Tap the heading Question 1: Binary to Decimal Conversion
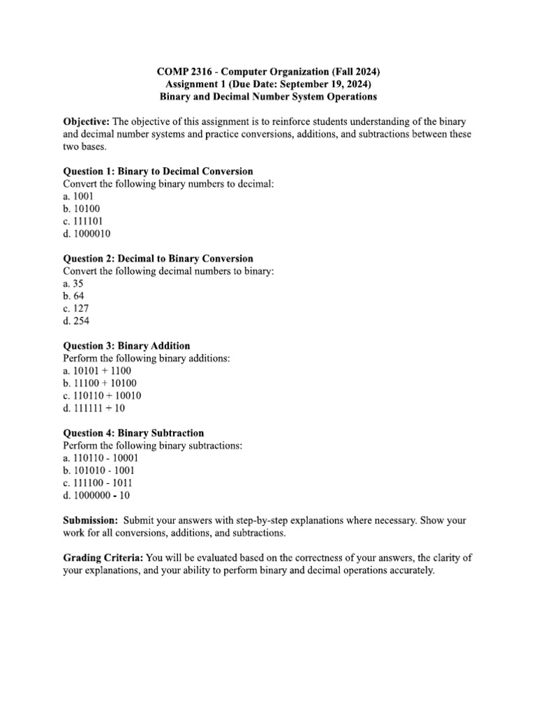coord(158,171)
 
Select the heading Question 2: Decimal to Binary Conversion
coord(158,258)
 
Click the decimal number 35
coord(79,283)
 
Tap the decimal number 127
coord(81,308)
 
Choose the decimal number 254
coord(82,321)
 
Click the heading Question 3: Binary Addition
coord(126,345)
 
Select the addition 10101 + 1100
coord(102,370)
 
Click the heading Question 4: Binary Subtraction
coord(133,432)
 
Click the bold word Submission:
coord(91,521)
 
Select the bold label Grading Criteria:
coord(104,558)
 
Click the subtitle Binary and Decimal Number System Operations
coord(268,96)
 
